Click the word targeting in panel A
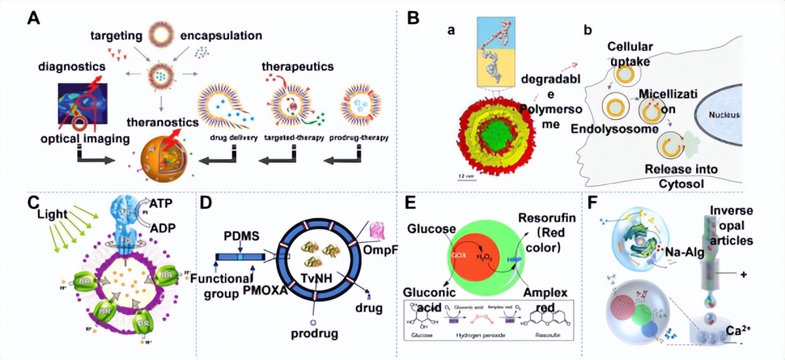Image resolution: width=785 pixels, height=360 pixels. [116, 34]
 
